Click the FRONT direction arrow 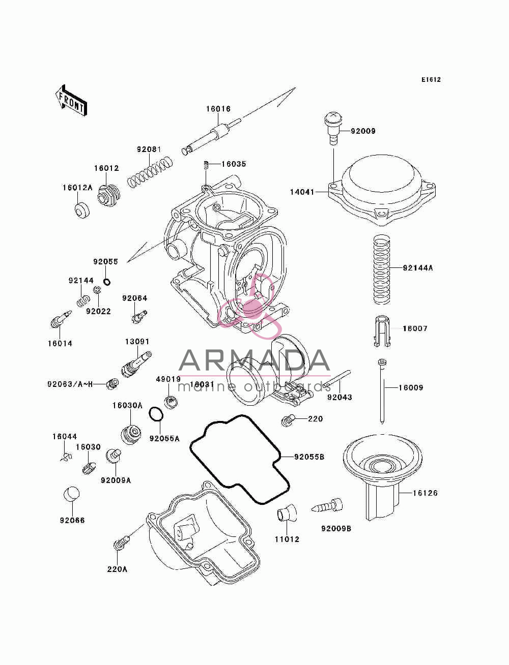(x=71, y=101)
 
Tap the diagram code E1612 (x=431, y=80)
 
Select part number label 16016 (x=218, y=109)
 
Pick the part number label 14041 (x=302, y=192)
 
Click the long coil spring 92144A (x=381, y=269)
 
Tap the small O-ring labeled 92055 (x=106, y=282)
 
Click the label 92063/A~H (x=70, y=384)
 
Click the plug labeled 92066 (x=72, y=495)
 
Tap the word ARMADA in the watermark (x=254, y=360)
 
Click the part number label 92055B (x=309, y=457)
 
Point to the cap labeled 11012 (x=286, y=512)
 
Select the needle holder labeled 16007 (x=382, y=331)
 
